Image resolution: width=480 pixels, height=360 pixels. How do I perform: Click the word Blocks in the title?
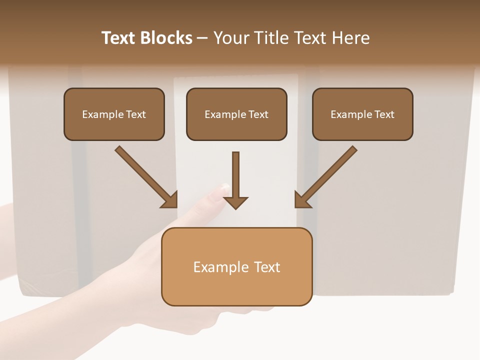(166, 38)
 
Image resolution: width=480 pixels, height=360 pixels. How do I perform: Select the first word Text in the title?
(119, 38)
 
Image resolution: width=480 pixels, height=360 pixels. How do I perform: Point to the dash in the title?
(203, 38)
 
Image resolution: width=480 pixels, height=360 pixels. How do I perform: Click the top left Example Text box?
(114, 114)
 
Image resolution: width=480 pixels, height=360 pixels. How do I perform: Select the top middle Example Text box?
(236, 114)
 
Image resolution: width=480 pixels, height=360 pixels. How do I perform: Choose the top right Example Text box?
(362, 114)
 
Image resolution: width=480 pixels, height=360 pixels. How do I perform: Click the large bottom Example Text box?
(236, 266)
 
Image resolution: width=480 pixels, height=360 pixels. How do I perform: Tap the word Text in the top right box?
(383, 114)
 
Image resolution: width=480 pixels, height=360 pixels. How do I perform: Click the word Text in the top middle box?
(257, 114)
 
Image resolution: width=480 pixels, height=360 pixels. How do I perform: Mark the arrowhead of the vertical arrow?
(235, 202)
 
